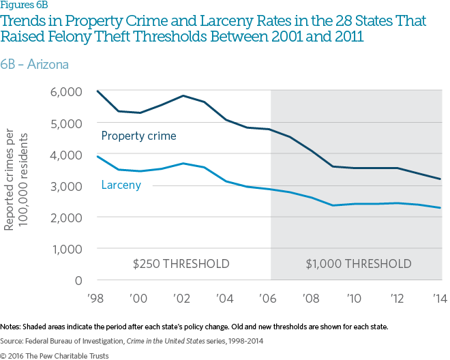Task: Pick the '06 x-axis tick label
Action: click(271, 299)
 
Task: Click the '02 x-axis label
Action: click(184, 299)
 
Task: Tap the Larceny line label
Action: click(121, 185)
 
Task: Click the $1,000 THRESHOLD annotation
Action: click(358, 264)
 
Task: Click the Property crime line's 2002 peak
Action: click(184, 95)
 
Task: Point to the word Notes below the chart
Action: click(12, 327)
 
